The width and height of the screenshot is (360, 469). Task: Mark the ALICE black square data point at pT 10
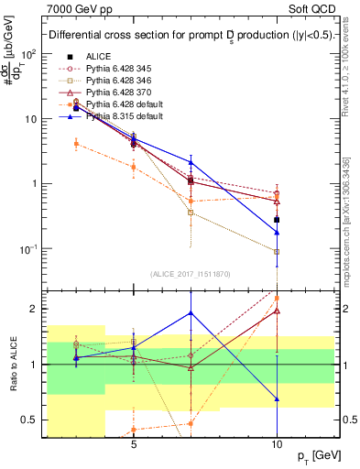(277, 219)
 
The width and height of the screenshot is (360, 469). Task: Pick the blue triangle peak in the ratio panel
(191, 312)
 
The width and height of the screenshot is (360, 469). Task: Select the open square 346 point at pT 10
(277, 251)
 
